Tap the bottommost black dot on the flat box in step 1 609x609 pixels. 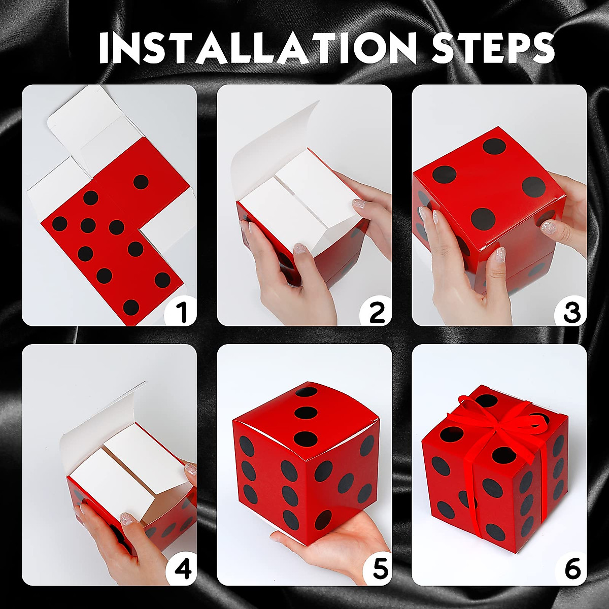coord(131,307)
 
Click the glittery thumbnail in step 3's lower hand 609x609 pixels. coord(500,253)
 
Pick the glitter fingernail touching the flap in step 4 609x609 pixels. coord(126,518)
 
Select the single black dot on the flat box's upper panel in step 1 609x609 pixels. coord(141,182)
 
